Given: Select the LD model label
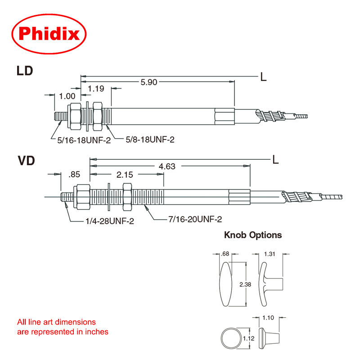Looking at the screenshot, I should [25, 71].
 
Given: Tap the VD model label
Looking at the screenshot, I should [26, 160].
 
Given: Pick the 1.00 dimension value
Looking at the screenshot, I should [67, 96].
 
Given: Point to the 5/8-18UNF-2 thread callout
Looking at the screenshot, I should [149, 140].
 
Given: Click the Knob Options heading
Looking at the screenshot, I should [253, 235].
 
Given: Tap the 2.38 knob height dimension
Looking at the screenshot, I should [245, 284].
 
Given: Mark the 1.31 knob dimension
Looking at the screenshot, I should [270, 254].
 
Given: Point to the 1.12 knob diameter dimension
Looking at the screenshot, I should [245, 337].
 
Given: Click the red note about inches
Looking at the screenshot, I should [63, 327].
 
